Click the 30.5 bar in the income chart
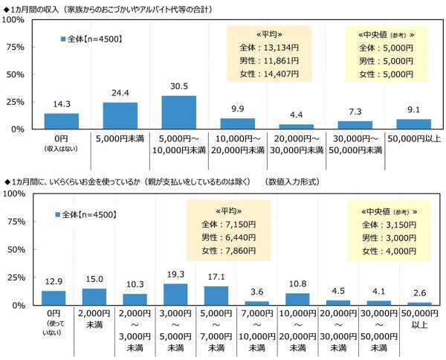[x=178, y=112]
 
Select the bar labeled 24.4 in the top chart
[x=120, y=115]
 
